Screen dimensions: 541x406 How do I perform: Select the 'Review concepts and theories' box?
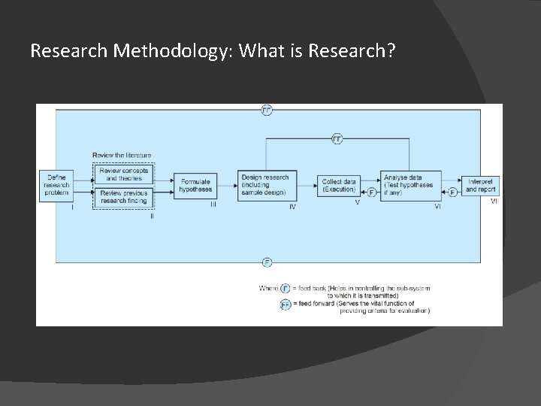tap(123, 174)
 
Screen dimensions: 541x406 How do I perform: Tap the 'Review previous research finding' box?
tap(123, 197)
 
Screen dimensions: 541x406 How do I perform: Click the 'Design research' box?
tap(265, 185)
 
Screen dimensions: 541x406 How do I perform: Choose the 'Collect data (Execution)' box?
tap(339, 185)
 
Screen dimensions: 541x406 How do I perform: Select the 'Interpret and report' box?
tap(482, 185)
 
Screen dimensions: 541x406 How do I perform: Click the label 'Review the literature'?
tap(122, 155)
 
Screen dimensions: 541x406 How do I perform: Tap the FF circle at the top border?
tap(267, 110)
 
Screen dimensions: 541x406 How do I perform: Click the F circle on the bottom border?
tap(267, 262)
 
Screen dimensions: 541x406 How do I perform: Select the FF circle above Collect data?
tap(337, 139)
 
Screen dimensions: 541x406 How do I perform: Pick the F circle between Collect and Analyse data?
tap(372, 193)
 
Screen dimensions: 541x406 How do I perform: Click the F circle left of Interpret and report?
tap(452, 192)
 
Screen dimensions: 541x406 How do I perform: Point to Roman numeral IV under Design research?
tap(293, 206)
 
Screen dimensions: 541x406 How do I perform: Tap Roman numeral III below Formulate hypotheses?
tap(213, 204)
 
